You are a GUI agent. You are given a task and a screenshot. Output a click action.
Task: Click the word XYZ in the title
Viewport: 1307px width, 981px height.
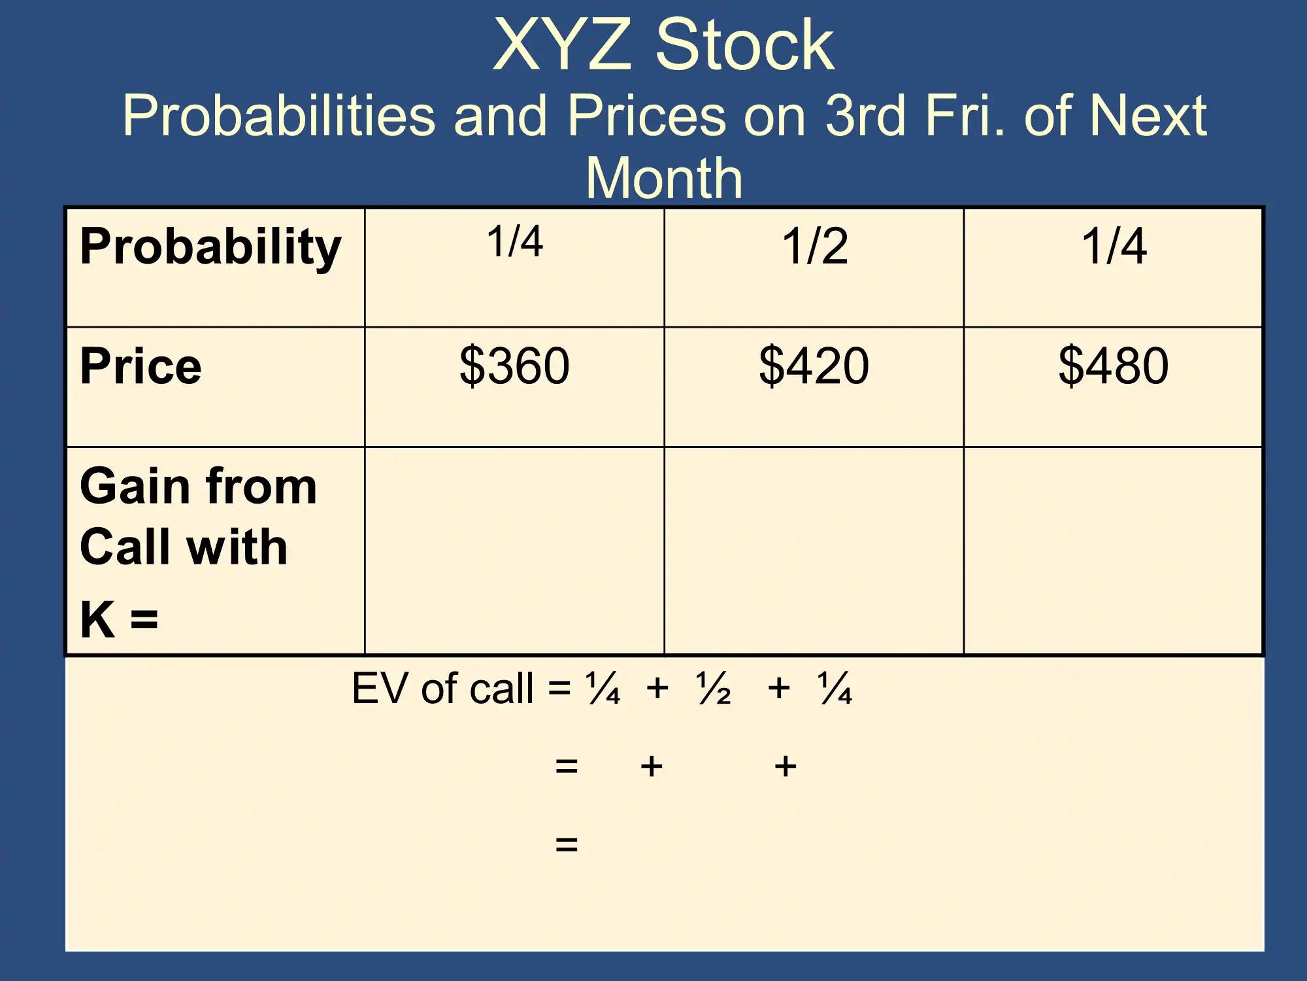563,44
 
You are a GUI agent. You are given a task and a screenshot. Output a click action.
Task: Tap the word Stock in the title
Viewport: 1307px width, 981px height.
745,44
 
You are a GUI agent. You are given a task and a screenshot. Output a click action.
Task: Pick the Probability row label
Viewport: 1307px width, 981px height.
210,247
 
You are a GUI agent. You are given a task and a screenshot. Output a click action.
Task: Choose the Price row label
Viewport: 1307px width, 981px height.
141,366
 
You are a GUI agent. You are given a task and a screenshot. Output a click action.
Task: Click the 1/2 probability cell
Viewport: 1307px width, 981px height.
815,246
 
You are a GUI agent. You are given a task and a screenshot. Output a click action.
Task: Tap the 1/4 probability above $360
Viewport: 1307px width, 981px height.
515,241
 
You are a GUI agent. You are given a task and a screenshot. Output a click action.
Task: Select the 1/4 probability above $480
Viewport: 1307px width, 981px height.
1114,246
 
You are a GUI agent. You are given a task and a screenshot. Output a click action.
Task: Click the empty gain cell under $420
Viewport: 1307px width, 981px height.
814,551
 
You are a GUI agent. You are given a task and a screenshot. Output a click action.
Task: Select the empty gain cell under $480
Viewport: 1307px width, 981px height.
1114,551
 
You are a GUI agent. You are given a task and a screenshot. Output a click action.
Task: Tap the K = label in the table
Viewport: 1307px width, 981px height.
119,619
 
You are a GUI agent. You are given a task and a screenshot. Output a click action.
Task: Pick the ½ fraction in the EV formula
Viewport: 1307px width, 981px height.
714,688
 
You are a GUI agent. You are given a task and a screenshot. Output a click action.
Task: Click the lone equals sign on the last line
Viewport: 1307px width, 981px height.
567,844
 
